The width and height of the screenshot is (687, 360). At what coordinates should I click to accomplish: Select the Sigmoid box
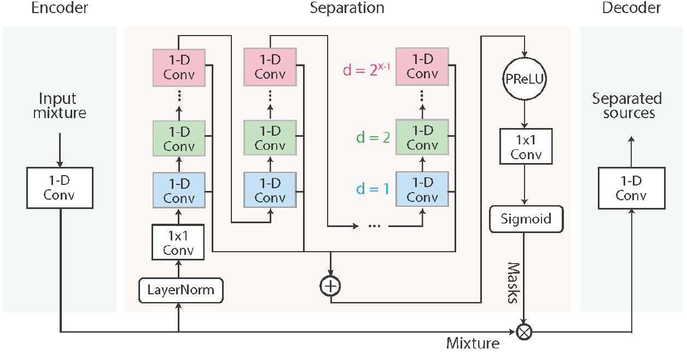coord(526,219)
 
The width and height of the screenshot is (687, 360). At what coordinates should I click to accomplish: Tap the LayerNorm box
coord(181,290)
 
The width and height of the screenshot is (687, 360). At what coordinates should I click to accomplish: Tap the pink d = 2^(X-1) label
coord(366,69)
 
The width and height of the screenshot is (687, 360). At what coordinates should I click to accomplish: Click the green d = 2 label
coord(373,137)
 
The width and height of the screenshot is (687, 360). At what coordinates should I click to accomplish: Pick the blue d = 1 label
coord(372,189)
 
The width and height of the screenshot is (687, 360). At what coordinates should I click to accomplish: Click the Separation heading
coord(347,8)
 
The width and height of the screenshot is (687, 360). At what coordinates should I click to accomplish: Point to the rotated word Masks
coord(514,283)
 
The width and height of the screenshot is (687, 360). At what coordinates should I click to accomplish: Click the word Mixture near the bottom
coord(473,343)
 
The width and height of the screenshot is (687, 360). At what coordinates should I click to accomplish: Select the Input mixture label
coord(60,106)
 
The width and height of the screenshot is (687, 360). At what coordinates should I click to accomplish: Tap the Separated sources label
coord(627,106)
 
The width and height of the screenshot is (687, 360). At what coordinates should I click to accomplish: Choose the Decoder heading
coord(631,8)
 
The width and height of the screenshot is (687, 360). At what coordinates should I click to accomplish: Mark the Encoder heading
coord(60,8)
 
